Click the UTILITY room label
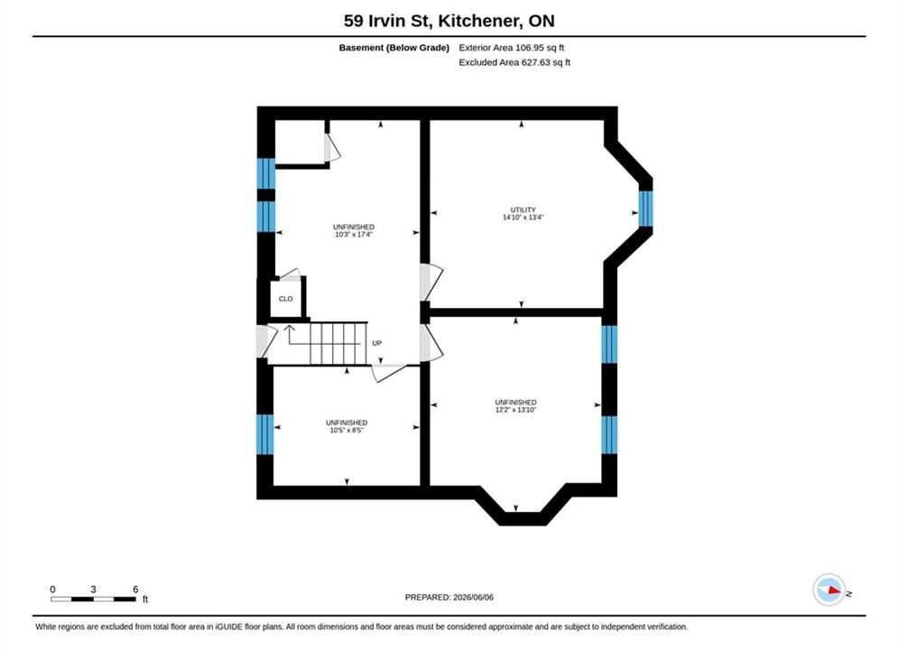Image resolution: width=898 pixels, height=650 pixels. click(523, 209)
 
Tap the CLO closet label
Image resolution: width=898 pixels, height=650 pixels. click(286, 299)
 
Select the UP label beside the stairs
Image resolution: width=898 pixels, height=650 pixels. click(377, 343)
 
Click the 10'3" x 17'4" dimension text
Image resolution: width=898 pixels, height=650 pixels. click(354, 234)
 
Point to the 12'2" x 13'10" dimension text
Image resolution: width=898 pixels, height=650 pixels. click(515, 410)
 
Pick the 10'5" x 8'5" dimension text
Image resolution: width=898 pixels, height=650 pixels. click(347, 430)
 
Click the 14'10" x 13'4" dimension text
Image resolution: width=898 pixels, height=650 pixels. click(523, 217)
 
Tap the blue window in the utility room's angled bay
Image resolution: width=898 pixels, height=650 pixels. click(645, 209)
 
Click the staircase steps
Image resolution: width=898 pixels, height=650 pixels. click(338, 344)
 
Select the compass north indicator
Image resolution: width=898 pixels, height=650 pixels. click(829, 590)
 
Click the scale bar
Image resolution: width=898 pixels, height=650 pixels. click(93, 599)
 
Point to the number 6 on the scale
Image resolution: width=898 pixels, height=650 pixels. click(135, 589)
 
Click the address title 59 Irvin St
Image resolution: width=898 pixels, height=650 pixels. click(389, 21)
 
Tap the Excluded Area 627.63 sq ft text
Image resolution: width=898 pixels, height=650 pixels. click(514, 62)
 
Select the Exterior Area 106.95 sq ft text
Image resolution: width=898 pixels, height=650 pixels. click(512, 48)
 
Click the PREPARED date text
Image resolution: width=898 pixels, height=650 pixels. click(449, 598)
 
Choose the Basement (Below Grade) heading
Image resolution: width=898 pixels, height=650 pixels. click(394, 48)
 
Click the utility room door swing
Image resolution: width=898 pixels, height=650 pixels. click(431, 282)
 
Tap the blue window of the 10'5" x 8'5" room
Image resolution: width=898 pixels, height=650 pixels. click(265, 434)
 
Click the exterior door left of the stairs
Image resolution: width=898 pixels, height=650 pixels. click(266, 341)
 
